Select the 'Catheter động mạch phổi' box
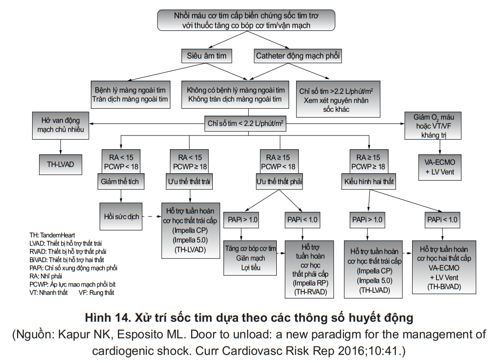click(298, 56)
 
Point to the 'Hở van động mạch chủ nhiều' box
click(61, 124)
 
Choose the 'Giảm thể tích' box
click(120, 181)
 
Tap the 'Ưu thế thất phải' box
click(279, 181)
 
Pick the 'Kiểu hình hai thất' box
click(368, 181)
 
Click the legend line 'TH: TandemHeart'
click(52, 235)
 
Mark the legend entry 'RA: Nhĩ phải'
click(46, 276)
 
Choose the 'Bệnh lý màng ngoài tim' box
click(130, 94)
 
